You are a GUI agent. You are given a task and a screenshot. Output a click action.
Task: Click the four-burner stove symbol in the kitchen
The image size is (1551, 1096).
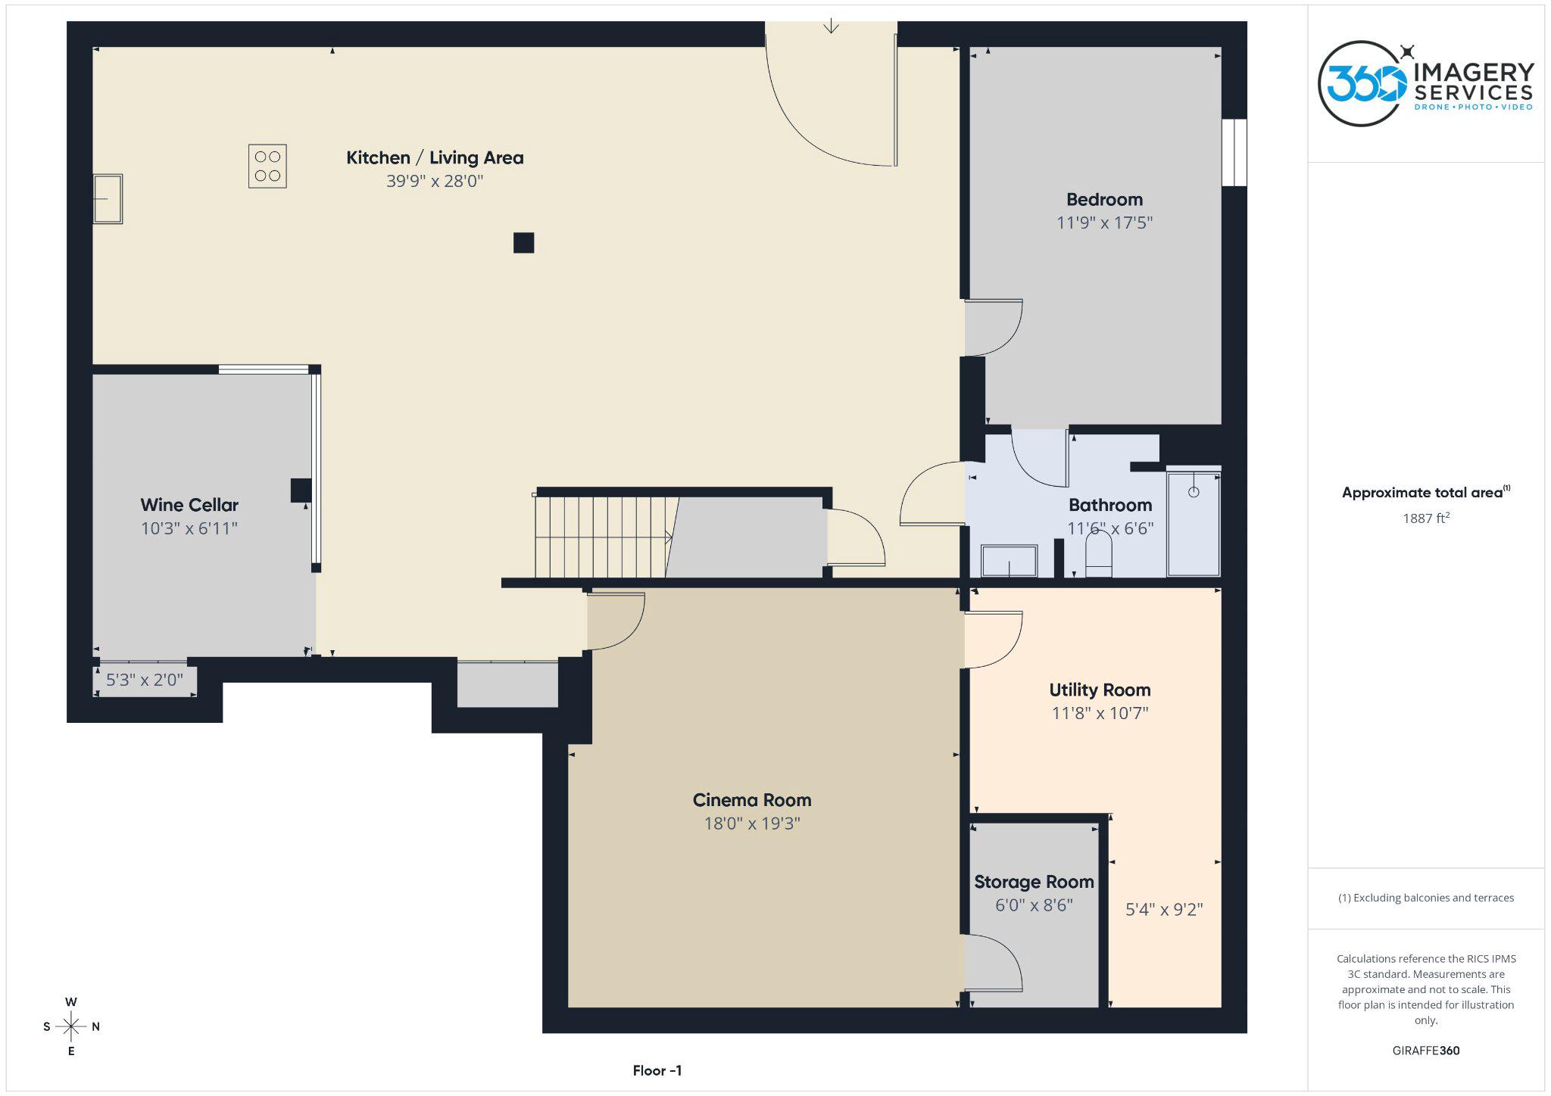(267, 166)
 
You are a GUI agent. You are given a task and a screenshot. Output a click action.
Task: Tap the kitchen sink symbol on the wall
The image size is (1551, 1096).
(108, 199)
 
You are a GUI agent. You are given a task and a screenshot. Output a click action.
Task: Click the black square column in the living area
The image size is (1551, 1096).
(523, 243)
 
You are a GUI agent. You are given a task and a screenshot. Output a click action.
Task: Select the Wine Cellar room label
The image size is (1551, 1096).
(189, 505)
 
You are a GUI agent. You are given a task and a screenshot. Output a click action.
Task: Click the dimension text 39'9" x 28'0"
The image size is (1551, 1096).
(434, 181)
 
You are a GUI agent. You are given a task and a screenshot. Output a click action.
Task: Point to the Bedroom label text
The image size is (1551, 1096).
(1104, 200)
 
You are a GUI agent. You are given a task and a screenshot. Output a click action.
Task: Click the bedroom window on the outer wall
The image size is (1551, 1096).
(1234, 152)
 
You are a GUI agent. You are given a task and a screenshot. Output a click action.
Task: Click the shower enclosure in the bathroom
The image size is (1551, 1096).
(1194, 524)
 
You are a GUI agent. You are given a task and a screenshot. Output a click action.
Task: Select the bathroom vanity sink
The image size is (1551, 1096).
(1009, 561)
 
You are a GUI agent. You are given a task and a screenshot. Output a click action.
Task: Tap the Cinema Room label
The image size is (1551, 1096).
(751, 800)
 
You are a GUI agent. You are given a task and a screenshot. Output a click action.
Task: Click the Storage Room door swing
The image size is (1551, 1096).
(994, 962)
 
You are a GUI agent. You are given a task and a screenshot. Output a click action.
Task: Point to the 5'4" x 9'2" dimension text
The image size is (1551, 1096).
(1164, 909)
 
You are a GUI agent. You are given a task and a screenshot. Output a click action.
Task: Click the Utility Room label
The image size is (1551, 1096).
(1100, 690)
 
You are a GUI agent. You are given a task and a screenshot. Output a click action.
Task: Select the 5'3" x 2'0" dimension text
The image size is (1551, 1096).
(144, 680)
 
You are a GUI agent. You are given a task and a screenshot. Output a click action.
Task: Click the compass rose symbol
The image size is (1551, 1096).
(71, 1026)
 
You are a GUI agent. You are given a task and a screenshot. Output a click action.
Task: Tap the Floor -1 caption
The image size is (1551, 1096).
(657, 1070)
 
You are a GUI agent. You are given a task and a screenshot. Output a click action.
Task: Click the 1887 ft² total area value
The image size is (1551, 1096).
(1425, 518)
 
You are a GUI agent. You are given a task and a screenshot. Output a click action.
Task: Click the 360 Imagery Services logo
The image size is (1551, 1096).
(1425, 83)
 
